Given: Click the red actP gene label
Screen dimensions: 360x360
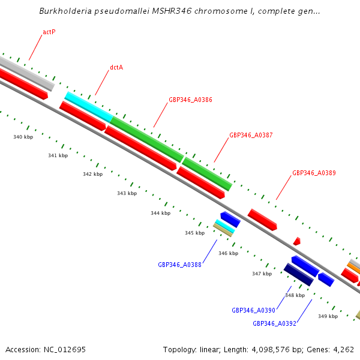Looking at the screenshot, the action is pos(49,32).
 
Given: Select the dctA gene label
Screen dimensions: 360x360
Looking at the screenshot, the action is pos(116,68).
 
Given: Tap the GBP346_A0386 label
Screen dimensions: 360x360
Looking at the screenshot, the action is pos(190,100).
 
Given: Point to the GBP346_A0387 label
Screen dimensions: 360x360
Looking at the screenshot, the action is pos(251,135).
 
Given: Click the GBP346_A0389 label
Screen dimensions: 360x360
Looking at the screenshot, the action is pos(314,173).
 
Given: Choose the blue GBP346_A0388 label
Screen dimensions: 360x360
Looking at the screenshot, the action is pos(179,264).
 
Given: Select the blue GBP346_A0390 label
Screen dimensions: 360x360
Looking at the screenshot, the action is pos(253,310).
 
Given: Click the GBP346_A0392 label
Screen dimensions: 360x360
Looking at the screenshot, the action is pos(274,323).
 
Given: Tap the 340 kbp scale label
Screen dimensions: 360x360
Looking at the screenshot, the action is pos(23,137).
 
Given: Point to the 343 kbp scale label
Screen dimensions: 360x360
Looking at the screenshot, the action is pos(127,193).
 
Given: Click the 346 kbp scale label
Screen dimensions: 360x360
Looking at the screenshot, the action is pos(228,253).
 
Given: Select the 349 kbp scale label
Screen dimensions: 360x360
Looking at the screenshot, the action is pos(328,316).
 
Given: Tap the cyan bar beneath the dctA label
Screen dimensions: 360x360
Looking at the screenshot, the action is pos(88,107).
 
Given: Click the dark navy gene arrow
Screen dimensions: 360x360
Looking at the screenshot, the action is pos(298,275).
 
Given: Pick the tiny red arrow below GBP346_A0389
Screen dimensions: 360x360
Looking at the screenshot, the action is pos(297,241).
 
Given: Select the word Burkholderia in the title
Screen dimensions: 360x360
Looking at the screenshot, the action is pos(64,11).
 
